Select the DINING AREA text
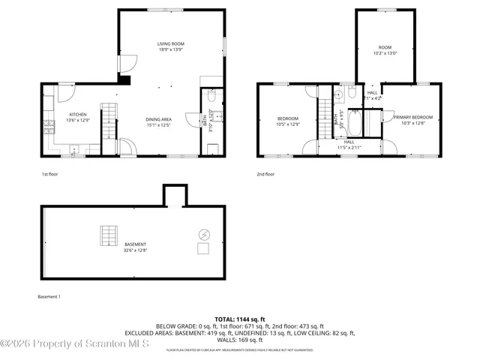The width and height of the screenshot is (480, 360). click(159, 121)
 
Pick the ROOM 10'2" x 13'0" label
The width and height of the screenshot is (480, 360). click(385, 50)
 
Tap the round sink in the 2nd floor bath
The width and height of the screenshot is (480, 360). click(338, 94)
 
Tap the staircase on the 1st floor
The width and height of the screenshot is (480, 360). click(109, 115)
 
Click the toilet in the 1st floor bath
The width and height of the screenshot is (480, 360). click(211, 96)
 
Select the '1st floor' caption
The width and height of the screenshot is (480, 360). click(49, 174)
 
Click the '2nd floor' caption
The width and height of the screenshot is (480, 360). click(265, 174)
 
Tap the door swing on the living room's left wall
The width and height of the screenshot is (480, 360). click(128, 64)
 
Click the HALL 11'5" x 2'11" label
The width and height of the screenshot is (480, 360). click(349, 144)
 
